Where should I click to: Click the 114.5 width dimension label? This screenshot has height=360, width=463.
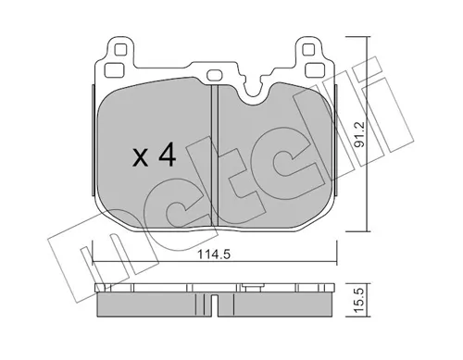pyautogui.click(x=214, y=254)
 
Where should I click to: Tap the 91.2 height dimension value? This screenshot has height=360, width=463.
pyautogui.click(x=360, y=134)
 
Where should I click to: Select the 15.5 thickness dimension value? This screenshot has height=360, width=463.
pyautogui.click(x=360, y=301)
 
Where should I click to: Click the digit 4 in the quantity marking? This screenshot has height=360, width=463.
pyautogui.click(x=167, y=155)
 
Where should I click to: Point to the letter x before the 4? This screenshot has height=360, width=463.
pyautogui.click(x=141, y=159)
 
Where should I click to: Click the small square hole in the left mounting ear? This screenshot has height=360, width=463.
pyautogui.click(x=120, y=49)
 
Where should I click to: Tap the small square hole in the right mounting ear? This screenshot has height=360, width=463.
pyautogui.click(x=307, y=49)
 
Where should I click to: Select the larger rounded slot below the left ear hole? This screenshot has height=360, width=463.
pyautogui.click(x=114, y=70)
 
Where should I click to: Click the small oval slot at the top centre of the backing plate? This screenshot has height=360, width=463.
pyautogui.click(x=214, y=75)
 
